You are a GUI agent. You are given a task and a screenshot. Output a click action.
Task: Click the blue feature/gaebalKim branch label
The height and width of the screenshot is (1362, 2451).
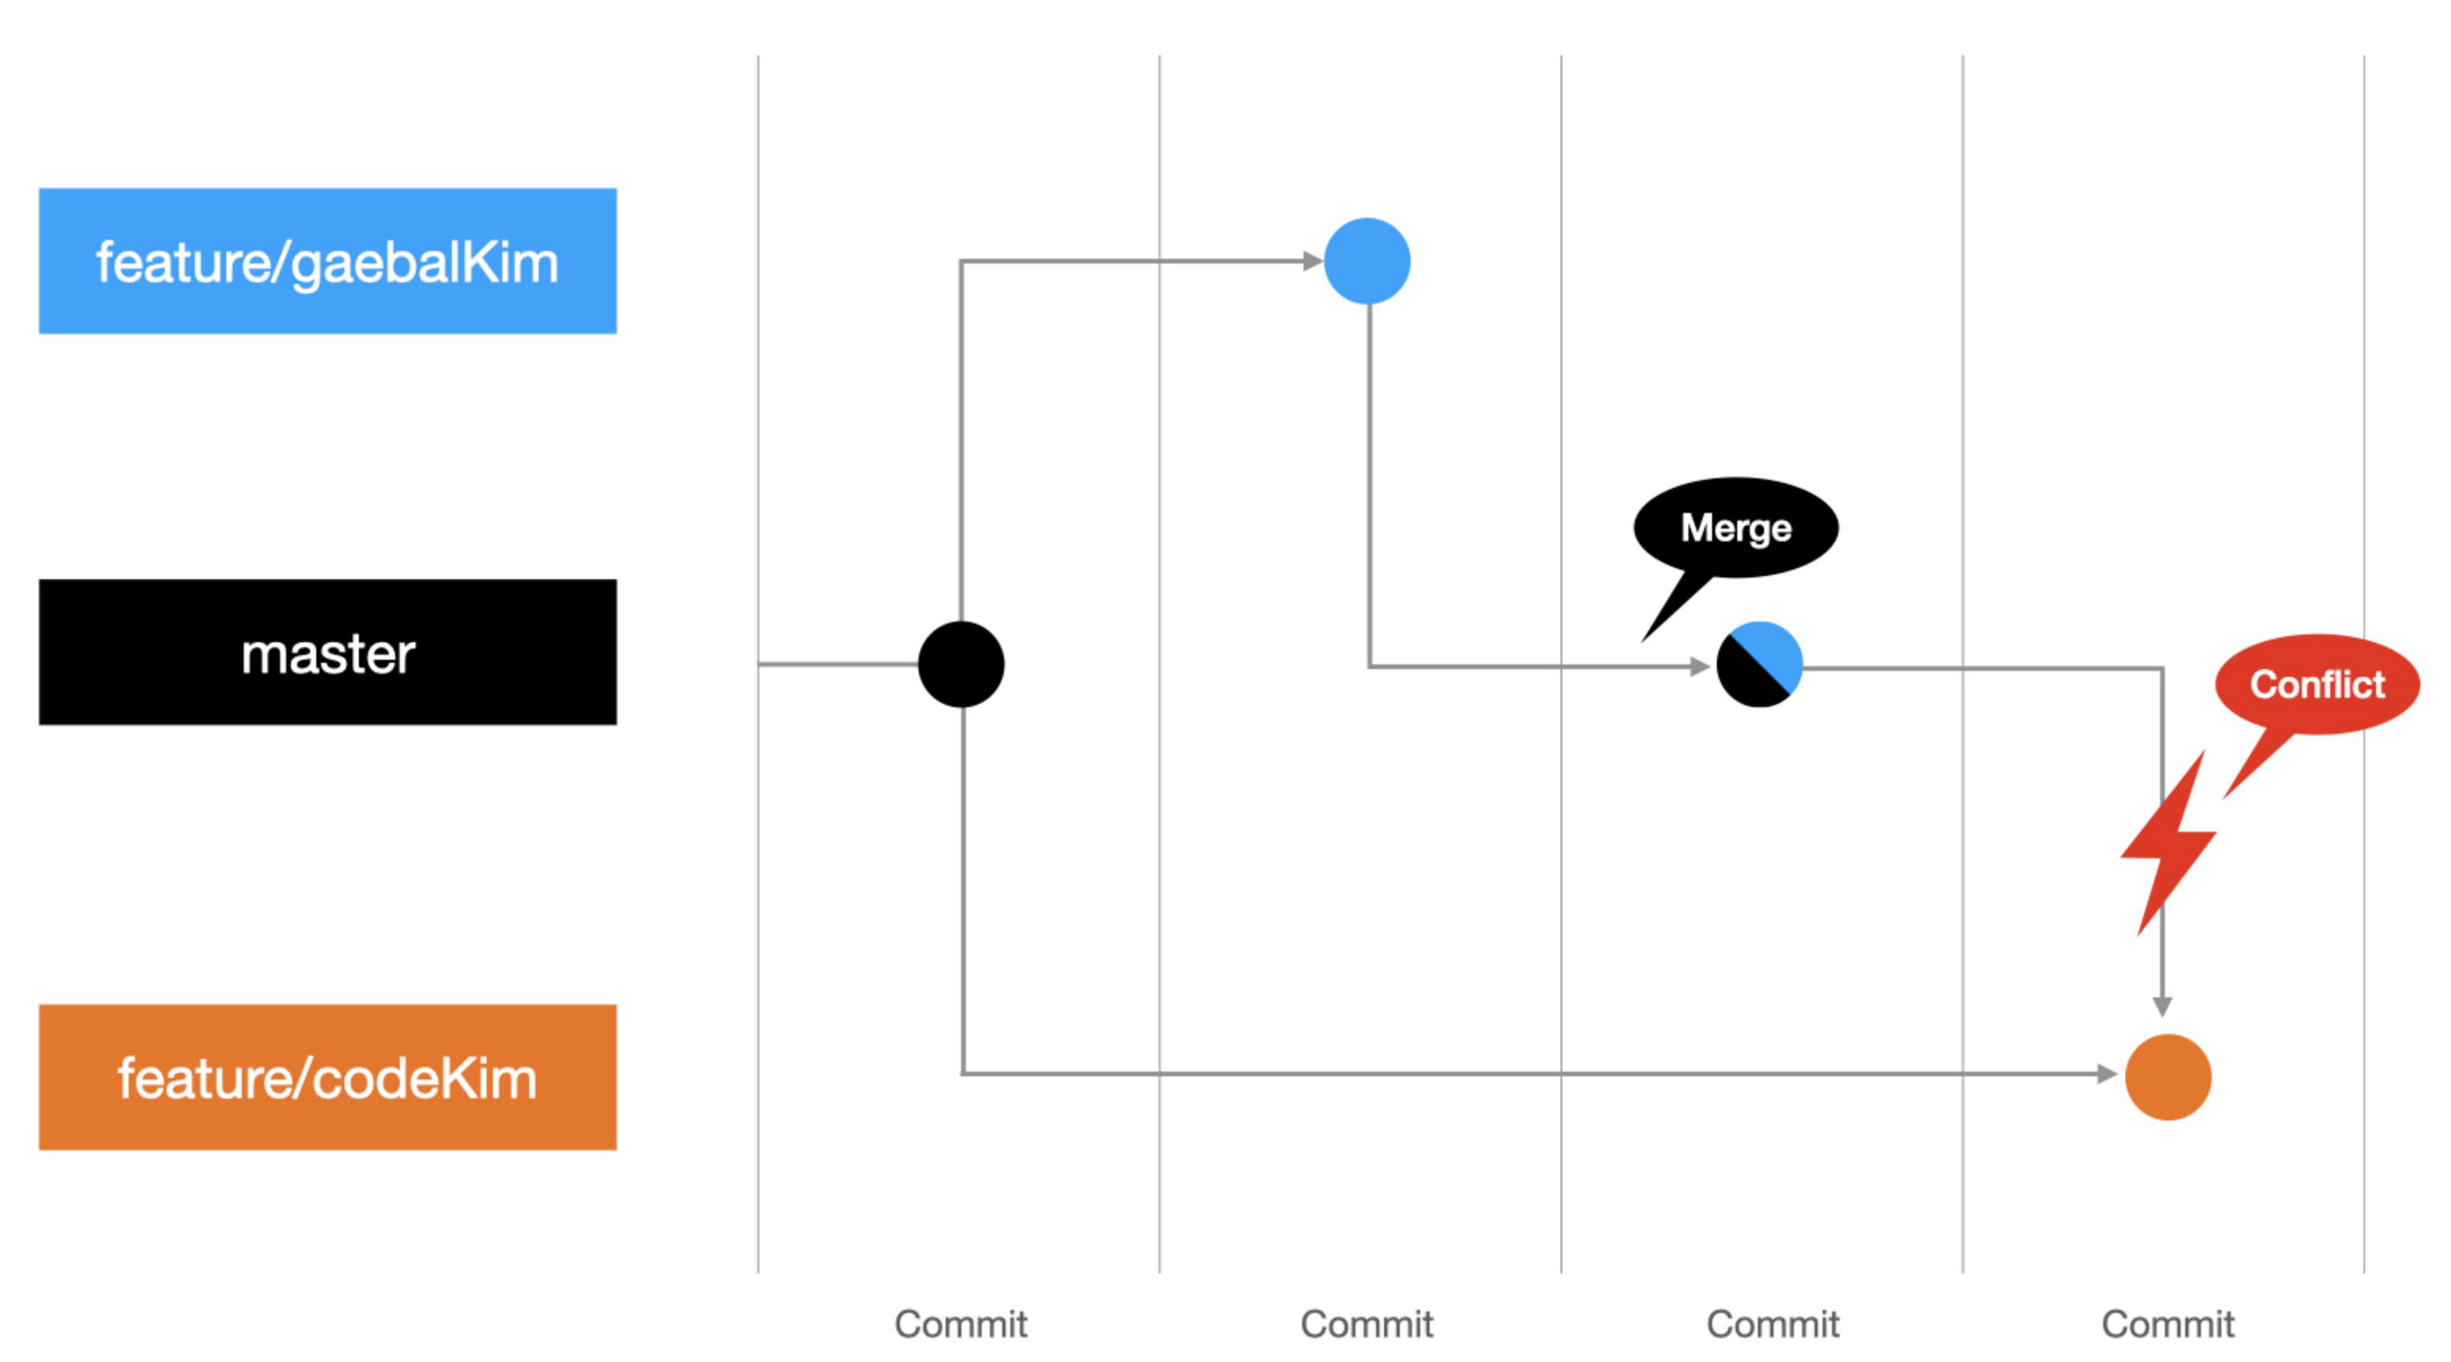(327, 260)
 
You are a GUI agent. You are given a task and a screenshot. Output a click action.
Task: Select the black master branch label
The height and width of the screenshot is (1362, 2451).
(327, 652)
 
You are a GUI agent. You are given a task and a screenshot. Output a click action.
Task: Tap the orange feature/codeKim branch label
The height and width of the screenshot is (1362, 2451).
(327, 1077)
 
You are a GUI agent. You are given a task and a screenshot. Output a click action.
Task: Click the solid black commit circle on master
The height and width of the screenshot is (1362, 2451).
(961, 664)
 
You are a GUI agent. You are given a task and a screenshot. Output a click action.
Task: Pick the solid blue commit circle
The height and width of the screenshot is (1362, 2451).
(1367, 260)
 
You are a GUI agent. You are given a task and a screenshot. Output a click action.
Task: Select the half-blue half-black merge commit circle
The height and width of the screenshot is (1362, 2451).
(1759, 664)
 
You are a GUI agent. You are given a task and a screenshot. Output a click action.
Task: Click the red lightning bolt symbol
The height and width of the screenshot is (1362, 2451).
(2169, 842)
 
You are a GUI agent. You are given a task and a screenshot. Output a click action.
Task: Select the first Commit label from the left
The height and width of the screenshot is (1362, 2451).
(961, 1324)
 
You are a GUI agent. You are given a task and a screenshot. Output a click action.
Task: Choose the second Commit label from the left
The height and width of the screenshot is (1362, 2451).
(1367, 1324)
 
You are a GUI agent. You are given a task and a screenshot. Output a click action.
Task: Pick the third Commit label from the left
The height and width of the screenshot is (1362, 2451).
(1773, 1324)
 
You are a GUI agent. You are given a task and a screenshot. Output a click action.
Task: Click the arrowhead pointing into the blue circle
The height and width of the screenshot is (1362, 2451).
(1313, 260)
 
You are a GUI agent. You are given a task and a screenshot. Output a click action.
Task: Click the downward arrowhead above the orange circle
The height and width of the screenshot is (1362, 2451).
(2162, 1007)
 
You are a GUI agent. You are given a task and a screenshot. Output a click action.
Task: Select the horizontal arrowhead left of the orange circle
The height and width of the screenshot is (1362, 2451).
(2106, 1074)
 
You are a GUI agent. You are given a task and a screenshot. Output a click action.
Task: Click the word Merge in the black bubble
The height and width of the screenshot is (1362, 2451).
(1736, 528)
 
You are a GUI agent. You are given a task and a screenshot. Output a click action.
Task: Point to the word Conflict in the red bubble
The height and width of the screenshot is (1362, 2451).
(2317, 684)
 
